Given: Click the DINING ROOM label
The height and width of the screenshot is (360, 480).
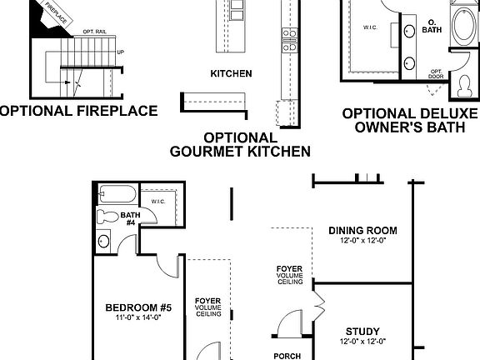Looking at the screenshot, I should click(x=362, y=231).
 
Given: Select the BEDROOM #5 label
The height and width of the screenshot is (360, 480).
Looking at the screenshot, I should click(x=127, y=307).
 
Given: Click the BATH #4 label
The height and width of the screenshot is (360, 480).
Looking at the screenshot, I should click(x=131, y=219).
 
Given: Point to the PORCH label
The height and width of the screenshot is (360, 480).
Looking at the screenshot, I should click(x=287, y=355).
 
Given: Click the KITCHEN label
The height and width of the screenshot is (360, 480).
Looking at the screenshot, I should click(x=231, y=73).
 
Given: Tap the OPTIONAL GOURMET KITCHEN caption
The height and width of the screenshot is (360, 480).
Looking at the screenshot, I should click(x=240, y=144).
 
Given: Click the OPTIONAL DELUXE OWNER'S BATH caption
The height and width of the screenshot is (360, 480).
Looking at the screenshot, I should click(x=410, y=120).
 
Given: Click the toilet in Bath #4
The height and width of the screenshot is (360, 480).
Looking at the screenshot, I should click(x=106, y=217).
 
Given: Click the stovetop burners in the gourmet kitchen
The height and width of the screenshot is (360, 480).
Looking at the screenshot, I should click(x=289, y=34).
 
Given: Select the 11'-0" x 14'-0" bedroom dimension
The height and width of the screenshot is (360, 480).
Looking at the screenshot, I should click(x=127, y=317).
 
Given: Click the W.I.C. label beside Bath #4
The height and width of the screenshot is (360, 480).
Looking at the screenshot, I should click(x=160, y=202).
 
